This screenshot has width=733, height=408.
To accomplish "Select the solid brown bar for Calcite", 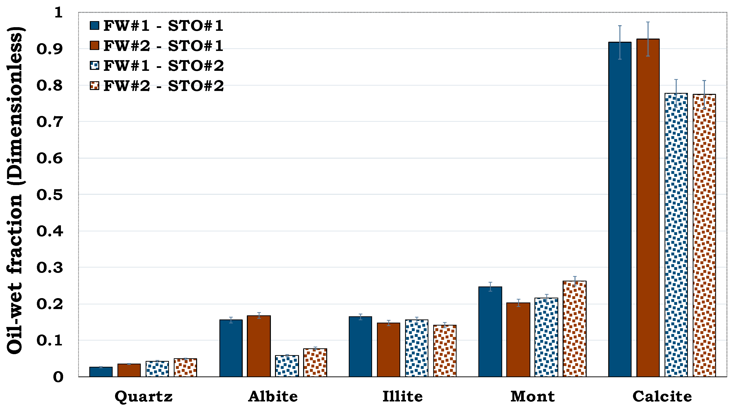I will click(x=648, y=208).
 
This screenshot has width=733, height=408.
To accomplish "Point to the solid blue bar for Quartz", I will click(x=101, y=372).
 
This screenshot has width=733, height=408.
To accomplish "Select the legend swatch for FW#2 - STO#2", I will click(x=94, y=86).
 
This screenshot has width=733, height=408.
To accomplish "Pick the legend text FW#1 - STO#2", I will click(x=163, y=66).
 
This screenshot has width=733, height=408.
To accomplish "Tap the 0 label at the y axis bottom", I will click(x=58, y=377).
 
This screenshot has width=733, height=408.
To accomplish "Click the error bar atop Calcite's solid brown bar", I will click(x=648, y=39).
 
